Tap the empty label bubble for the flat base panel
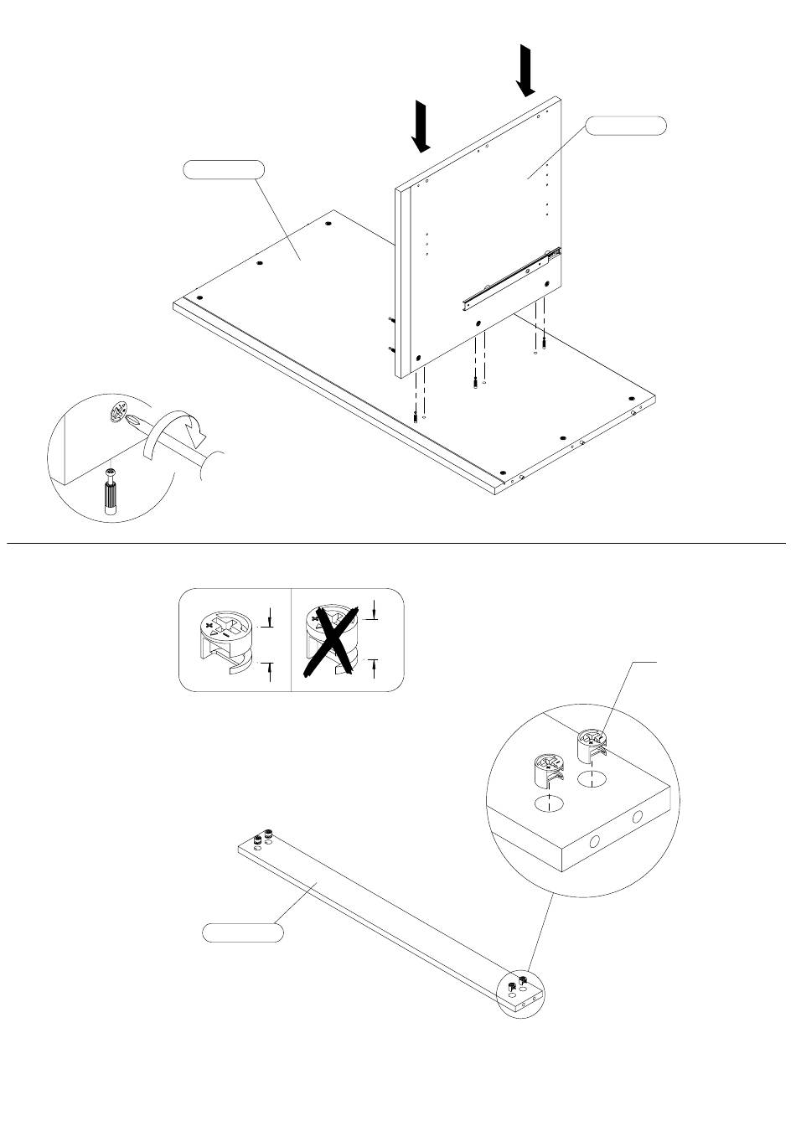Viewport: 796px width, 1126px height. (224, 169)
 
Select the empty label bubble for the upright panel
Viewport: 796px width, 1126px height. (626, 126)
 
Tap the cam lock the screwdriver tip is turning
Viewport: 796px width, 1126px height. (116, 415)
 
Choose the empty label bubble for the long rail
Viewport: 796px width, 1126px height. (242, 932)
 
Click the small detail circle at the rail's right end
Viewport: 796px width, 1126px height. (521, 994)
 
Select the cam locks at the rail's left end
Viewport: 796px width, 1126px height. (264, 836)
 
